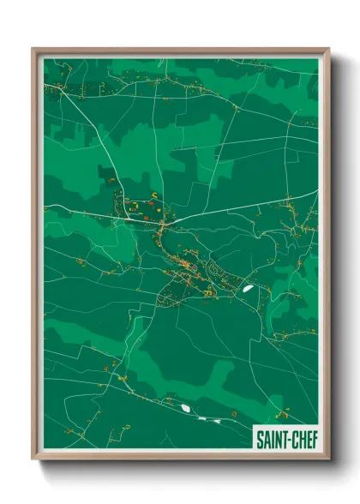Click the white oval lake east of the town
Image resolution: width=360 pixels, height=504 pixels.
click(248, 289)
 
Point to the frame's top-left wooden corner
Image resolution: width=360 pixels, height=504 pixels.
click(34, 51)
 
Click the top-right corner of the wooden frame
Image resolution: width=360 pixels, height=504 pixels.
click(327, 51)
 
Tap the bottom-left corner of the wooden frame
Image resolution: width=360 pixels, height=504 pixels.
click(34, 458)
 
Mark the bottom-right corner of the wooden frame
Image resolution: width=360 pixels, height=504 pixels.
click(327, 458)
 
